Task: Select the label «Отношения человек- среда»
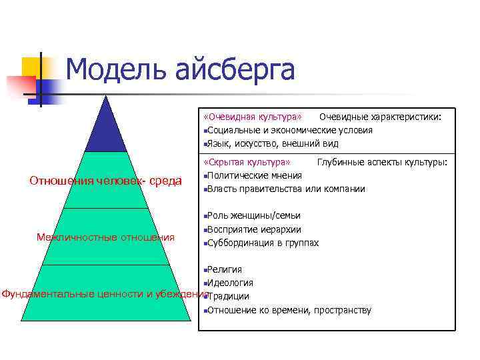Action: [x=106, y=181]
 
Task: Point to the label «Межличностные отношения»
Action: [x=105, y=237]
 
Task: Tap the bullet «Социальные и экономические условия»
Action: [x=289, y=130]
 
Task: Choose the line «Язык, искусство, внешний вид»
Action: [x=273, y=143]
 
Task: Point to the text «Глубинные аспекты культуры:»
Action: [x=381, y=163]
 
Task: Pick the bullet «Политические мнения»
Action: [x=254, y=175]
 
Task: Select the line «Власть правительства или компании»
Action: [x=286, y=189]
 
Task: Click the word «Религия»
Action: [x=225, y=269]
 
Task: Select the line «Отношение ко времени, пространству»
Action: [x=289, y=310]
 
